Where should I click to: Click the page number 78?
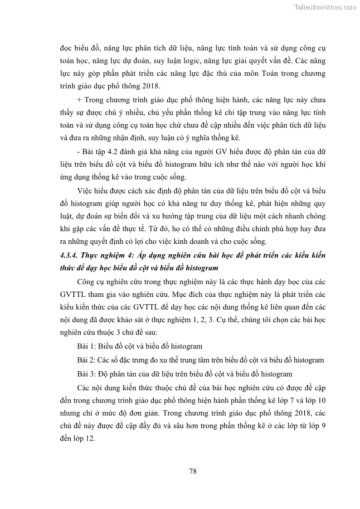(193, 471)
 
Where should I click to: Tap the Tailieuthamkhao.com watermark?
(325, 7)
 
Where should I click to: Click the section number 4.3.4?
(69, 255)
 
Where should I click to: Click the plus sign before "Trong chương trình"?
(80, 100)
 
